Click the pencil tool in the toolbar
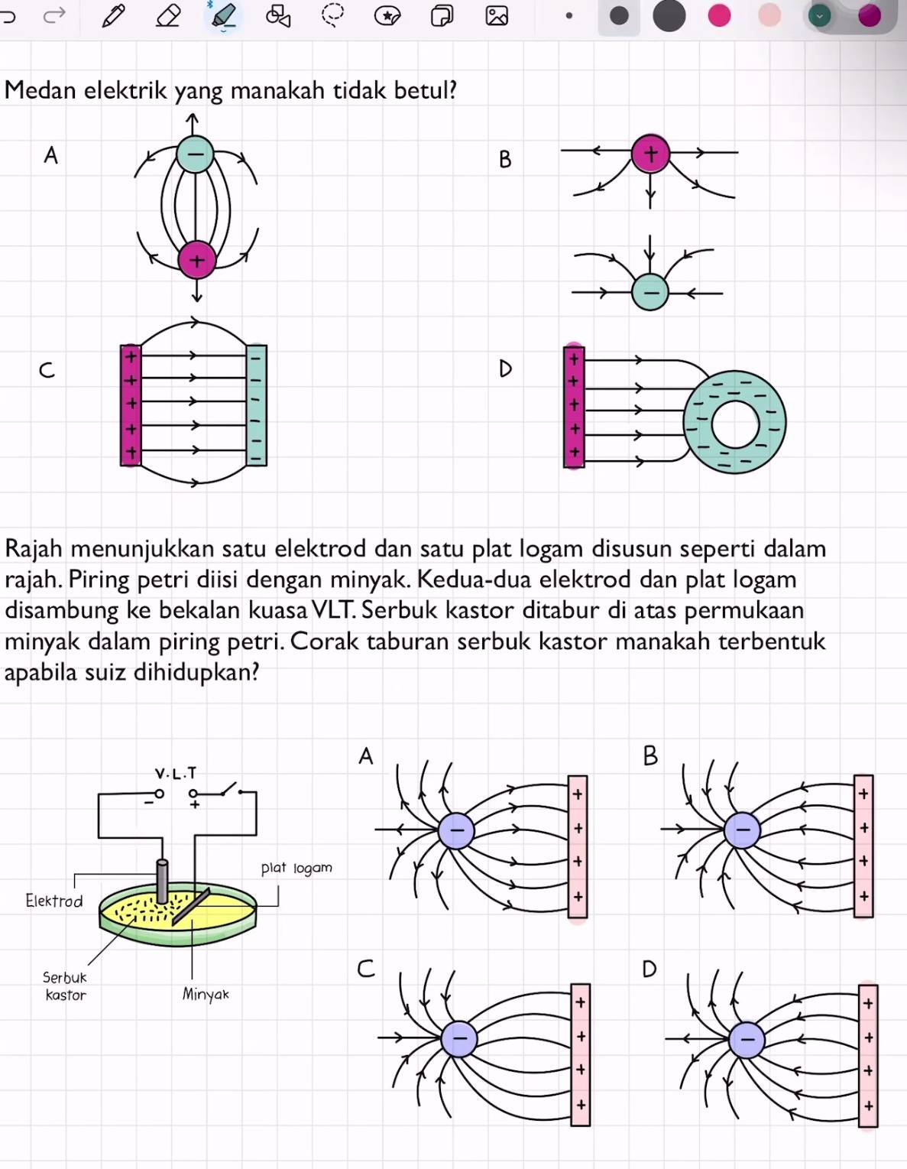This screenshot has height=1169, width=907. (113, 15)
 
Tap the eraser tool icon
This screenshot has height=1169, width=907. (168, 15)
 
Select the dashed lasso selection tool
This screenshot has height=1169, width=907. (332, 15)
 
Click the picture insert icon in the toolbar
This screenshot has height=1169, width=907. (497, 15)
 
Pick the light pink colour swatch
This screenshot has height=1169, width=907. (769, 15)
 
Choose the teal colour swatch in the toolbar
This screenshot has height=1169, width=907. (819, 15)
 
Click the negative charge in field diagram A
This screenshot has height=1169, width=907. (196, 155)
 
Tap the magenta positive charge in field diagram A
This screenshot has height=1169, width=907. (197, 261)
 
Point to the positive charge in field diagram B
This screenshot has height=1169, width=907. (650, 154)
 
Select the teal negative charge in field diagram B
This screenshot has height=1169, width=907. (650, 292)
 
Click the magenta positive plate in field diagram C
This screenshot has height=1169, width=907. (131, 405)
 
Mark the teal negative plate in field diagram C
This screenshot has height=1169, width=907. (256, 405)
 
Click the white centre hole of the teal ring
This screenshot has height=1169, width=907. (734, 423)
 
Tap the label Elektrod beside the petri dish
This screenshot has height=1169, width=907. (53, 901)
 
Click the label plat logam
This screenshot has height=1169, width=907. (296, 868)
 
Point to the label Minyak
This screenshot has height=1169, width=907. (206, 994)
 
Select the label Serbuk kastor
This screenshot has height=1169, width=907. (65, 986)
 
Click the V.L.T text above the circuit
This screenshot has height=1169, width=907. (176, 773)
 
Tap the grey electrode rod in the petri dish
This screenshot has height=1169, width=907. (162, 881)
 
